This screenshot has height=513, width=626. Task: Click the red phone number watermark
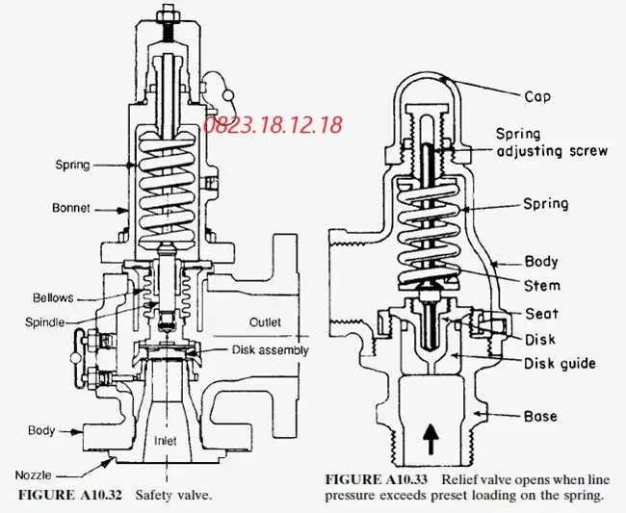coord(273,124)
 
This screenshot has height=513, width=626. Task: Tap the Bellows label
coord(53,297)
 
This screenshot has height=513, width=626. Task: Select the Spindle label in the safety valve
coord(44,321)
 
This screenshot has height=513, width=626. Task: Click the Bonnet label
coord(70,208)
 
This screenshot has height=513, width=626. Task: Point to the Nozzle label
coord(33,475)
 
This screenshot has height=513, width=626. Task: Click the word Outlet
coord(265,321)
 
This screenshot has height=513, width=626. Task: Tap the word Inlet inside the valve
coord(166,441)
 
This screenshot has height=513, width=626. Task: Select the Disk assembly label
coord(271,350)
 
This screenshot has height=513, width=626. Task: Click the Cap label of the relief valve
coord(537,96)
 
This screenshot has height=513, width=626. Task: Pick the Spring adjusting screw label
coord(552,142)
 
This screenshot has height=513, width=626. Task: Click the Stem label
coord(542,286)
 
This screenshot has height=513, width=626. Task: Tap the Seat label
coord(541,314)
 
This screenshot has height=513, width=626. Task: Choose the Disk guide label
coord(560,364)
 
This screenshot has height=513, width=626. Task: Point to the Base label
coord(540,416)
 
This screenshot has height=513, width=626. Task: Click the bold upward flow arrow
coord(430,439)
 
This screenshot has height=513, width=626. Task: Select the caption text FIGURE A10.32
coord(70,495)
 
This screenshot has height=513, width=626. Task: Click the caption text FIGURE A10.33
coord(376,479)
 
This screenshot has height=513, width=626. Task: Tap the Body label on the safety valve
coord(41,430)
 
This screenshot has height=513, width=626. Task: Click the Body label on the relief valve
coord(541,262)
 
